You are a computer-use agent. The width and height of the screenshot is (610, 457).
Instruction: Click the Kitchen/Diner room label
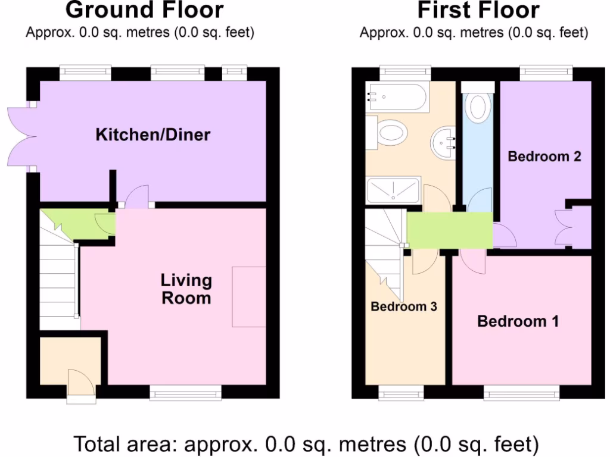tap(153, 134)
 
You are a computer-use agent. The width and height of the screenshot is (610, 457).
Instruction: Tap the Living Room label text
tap(186, 289)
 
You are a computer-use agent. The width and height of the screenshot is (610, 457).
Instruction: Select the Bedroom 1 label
tap(518, 321)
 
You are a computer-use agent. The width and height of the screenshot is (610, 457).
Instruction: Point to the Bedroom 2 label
tap(544, 156)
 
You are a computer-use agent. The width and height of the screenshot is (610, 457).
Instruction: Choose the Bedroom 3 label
tap(404, 307)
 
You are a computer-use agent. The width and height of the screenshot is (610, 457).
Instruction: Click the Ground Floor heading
tap(144, 10)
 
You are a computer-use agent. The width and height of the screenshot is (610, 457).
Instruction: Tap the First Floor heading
tap(478, 10)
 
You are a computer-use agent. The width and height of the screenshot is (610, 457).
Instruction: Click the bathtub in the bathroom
tap(398, 97)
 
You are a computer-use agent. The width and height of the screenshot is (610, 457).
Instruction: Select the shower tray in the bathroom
tap(393, 189)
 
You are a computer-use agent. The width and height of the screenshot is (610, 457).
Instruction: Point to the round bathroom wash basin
tap(444, 143)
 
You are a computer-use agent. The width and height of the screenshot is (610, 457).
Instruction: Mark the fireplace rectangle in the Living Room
tap(248, 297)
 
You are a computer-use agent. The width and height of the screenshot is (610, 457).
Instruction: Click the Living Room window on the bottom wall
tap(185, 393)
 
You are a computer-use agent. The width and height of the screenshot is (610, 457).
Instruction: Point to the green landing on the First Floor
tap(450, 230)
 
